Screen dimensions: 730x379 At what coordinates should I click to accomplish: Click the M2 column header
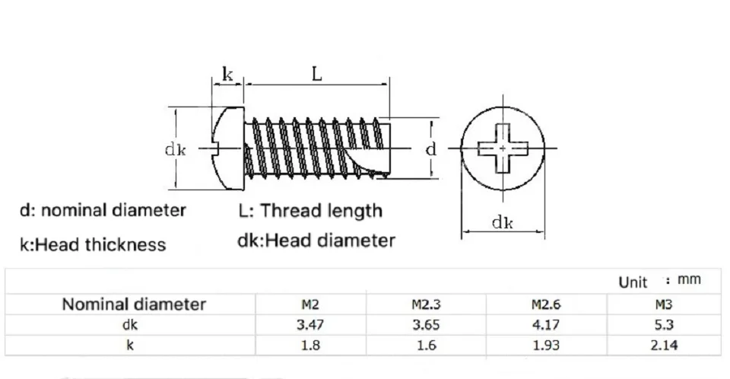[x=310, y=304]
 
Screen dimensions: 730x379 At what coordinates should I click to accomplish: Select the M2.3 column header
[x=426, y=304]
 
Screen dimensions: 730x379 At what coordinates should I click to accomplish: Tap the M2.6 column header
[x=546, y=304]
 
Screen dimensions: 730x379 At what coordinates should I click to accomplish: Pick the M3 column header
[x=663, y=304]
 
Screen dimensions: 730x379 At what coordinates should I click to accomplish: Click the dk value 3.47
[x=310, y=324]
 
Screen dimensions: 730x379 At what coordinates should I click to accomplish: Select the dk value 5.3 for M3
[x=663, y=324]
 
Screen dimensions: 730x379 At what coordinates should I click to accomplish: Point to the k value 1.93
[x=546, y=345]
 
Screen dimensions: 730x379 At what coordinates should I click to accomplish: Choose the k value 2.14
[x=664, y=345]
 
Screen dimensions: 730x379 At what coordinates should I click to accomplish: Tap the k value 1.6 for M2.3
[x=426, y=345]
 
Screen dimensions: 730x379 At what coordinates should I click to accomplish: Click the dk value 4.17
[x=546, y=324]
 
